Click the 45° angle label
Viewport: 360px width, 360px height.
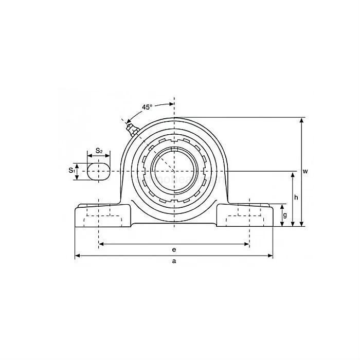tap(147, 107)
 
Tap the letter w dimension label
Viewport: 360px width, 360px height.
tap(305, 171)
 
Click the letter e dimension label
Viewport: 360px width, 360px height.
tap(174, 249)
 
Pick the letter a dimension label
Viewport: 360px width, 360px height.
tap(174, 261)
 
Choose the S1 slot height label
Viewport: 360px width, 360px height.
tap(71, 170)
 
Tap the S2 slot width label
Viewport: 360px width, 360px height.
tap(99, 151)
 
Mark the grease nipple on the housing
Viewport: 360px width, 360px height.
tap(129, 125)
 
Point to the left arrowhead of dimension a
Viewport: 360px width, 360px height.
tap(77, 255)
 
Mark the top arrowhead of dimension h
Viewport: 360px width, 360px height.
tap(293, 174)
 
